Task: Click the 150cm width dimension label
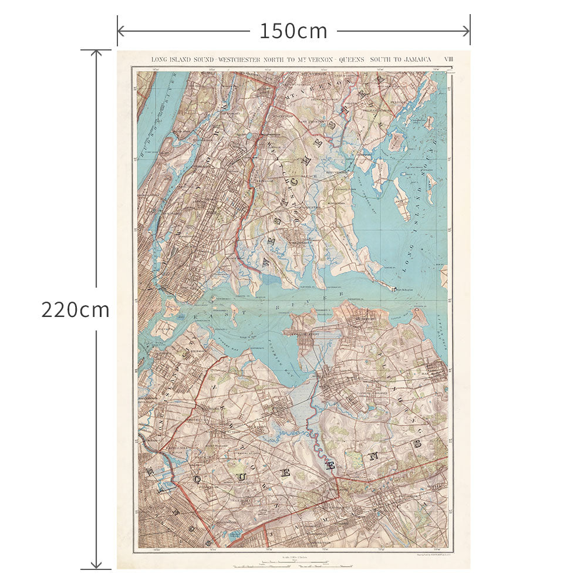tap(293, 31)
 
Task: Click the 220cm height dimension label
tap(75, 309)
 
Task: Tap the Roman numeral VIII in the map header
tap(448, 59)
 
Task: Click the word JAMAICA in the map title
tap(414, 59)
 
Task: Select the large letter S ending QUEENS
tap(418, 444)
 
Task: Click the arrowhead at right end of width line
tap(467, 31)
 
